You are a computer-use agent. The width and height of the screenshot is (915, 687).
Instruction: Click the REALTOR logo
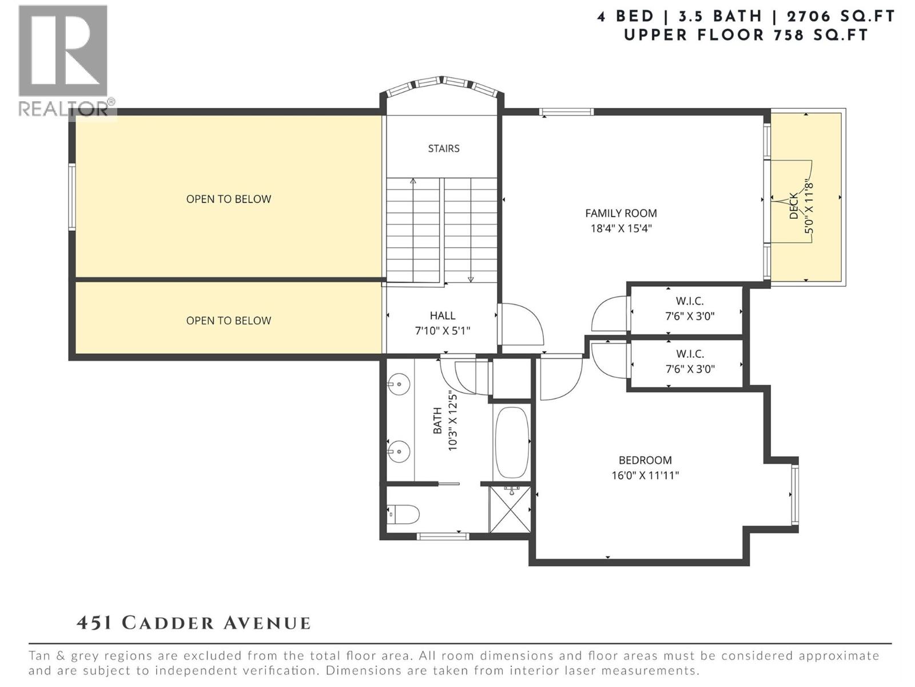tap(63, 60)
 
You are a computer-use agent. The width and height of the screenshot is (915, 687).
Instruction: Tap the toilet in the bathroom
tap(404, 514)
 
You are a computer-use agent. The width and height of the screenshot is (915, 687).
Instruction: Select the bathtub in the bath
tap(512, 443)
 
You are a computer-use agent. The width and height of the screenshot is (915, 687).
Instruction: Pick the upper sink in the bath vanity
tap(399, 382)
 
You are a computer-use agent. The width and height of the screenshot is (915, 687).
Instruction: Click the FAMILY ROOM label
tap(621, 214)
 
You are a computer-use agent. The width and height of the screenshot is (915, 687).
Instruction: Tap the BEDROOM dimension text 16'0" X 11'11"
tap(645, 475)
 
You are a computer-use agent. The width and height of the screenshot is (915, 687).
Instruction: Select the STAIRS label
tap(444, 149)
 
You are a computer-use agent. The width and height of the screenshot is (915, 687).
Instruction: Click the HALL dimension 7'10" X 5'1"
tap(443, 331)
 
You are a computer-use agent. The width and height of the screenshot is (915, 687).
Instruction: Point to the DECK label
tap(794, 206)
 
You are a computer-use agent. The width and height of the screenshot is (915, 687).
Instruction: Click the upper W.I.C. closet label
tap(690, 301)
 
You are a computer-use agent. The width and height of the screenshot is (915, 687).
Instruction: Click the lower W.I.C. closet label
tap(690, 354)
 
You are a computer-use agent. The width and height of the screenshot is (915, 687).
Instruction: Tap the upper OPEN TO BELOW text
tap(229, 199)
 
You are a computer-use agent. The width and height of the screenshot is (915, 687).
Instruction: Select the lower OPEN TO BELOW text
tap(229, 321)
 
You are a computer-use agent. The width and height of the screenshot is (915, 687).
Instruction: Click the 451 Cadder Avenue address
tap(194, 623)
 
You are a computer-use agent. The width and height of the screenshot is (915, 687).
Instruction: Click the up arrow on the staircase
tap(413, 182)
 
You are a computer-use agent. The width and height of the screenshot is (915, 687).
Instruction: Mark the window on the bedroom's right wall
tap(794, 494)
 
